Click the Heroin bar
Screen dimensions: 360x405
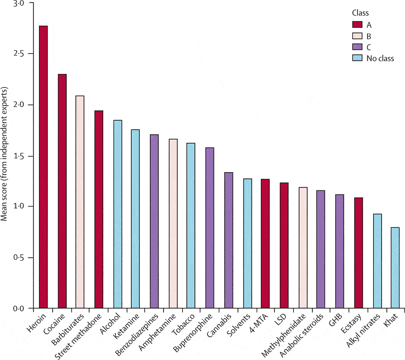click(x=44, y=167)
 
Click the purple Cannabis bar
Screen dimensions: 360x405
click(x=228, y=241)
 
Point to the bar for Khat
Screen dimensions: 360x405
click(x=394, y=268)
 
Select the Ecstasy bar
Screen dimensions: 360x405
click(x=358, y=253)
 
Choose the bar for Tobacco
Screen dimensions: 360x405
click(x=191, y=226)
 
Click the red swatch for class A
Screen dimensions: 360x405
click(x=357, y=24)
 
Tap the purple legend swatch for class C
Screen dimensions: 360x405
click(x=357, y=47)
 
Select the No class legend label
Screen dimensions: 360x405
click(x=380, y=58)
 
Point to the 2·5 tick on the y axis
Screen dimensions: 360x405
click(x=18, y=54)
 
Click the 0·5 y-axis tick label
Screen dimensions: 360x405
click(x=18, y=258)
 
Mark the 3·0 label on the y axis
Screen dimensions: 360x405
click(x=18, y=4)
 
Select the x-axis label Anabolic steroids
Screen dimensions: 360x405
click(x=304, y=337)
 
